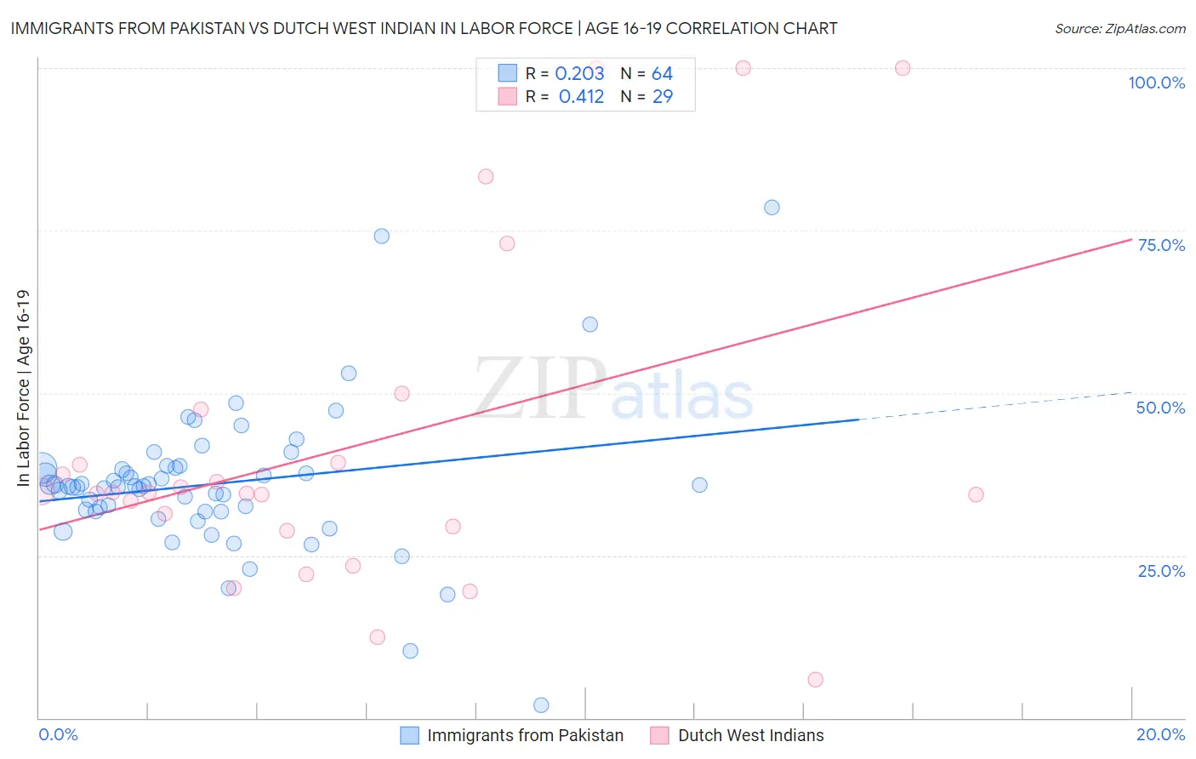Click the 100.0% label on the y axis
pos(1156,83)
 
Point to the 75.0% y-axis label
pos(1161,245)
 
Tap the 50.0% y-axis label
pos(1160,408)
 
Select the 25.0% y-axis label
pos(1161,570)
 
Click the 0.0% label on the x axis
pos(58,734)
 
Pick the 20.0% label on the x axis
pos(1160,734)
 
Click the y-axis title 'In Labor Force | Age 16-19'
pos(23,388)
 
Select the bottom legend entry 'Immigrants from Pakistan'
pos(525,735)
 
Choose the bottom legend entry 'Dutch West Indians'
pos(750,735)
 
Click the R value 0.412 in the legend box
pos(581,96)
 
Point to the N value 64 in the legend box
pos(662,74)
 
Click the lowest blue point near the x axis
pos(541,705)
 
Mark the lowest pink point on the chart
pos(815,679)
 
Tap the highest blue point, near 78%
pos(772,208)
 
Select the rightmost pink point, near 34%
pos(976,494)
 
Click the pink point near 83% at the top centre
pos(486,177)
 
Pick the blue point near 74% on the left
pos(382,237)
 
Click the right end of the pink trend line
pos(1131,239)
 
